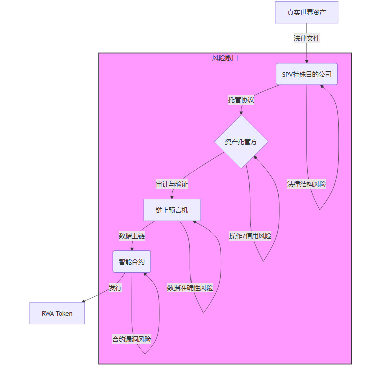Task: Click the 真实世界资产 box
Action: coord(306,12)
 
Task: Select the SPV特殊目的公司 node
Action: coord(306,74)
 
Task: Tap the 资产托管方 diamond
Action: coord(241,142)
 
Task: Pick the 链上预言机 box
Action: coord(172,210)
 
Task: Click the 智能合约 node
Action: coord(132,261)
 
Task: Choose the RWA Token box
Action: coord(57,313)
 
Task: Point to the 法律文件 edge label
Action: coord(306,38)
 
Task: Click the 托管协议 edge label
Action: coord(241,100)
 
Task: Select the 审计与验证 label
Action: coord(172,184)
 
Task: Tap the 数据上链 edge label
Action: coord(132,235)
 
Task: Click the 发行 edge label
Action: coord(115,288)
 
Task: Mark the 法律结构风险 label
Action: coord(306,184)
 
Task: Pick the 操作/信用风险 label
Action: coord(250,236)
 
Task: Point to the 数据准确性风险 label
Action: coord(190,288)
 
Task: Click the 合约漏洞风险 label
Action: coord(132,339)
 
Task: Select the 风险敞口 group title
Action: coord(225,58)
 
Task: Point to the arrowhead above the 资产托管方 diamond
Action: coord(241,114)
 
